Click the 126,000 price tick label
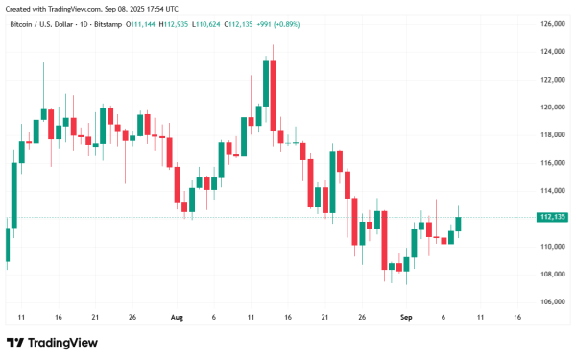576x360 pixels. [x=552, y=23]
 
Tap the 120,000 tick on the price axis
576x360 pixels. [x=552, y=107]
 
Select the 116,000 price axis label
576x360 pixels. [x=552, y=162]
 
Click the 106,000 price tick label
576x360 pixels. [x=552, y=301]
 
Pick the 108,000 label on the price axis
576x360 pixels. [x=552, y=274]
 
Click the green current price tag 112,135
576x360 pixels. [x=554, y=217]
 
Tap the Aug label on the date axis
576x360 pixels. [x=176, y=316]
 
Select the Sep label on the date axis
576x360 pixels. [x=406, y=316]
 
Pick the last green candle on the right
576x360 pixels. [x=459, y=224]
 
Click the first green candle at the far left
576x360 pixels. [x=7, y=245]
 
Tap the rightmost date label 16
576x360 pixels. [x=518, y=316]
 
